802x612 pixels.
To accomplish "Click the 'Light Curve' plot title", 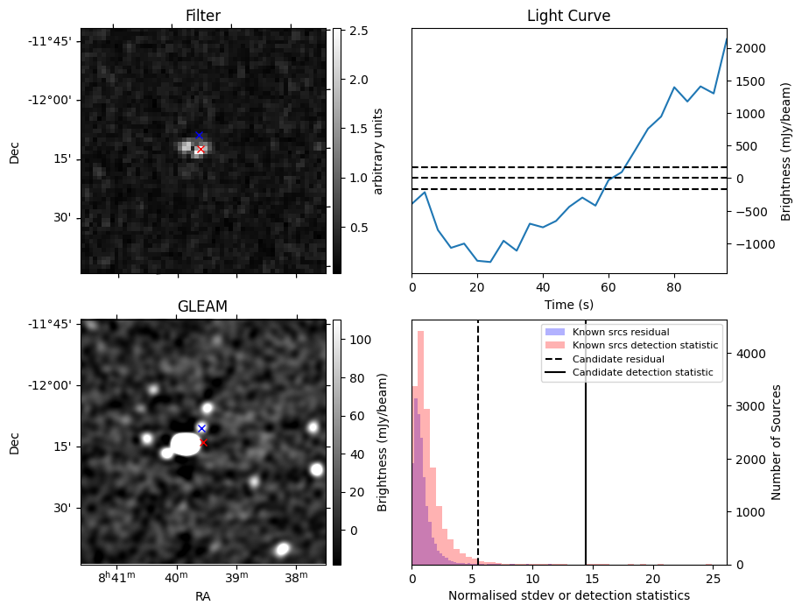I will click(x=568, y=16).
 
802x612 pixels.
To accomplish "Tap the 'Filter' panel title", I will click(x=202, y=16).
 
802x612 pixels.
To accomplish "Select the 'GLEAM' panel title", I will click(x=202, y=306).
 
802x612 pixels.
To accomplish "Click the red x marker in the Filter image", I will click(x=200, y=150).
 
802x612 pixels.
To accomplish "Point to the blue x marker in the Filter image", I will click(x=199, y=135).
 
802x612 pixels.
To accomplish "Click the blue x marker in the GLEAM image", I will click(x=201, y=428).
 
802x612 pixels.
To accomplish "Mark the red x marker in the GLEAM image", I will click(x=203, y=443).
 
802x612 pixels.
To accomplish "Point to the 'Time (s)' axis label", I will click(x=568, y=304).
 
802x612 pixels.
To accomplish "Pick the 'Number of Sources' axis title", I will click(x=777, y=442).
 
